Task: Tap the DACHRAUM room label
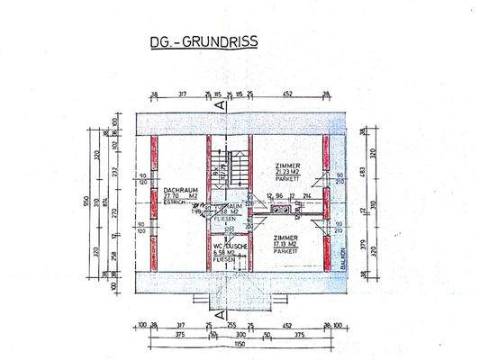tap(180, 190)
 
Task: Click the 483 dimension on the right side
tap(364, 172)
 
